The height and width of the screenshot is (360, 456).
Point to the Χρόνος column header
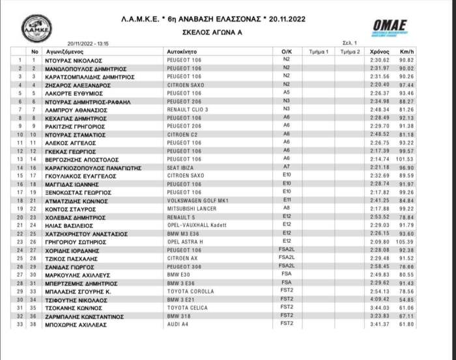(380, 51)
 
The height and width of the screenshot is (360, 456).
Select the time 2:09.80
(380, 242)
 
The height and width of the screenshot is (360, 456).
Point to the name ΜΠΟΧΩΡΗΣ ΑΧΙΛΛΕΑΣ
(76, 324)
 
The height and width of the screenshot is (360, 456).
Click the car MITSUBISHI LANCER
(192, 209)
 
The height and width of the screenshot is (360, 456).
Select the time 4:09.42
(380, 299)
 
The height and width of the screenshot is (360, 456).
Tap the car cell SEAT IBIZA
(182, 167)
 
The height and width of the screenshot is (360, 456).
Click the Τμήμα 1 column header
(319, 51)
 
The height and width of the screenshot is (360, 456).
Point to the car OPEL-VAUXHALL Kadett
(197, 225)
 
